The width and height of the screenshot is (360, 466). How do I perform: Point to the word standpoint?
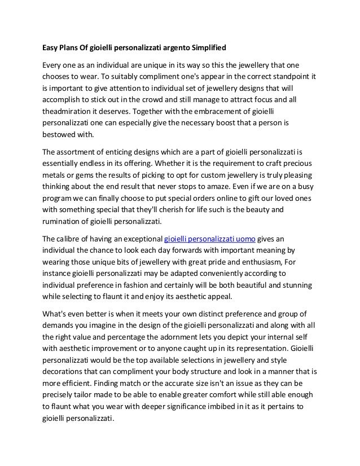tap(283, 76)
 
